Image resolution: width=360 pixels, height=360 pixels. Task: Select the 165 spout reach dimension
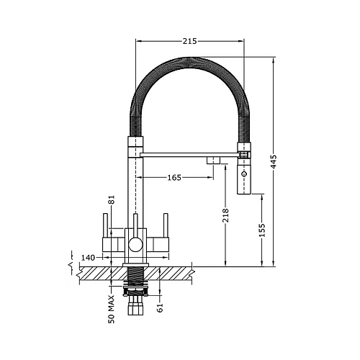point(174,176)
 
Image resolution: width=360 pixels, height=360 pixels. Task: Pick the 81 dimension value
point(111,200)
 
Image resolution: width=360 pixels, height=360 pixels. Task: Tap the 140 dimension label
point(89,256)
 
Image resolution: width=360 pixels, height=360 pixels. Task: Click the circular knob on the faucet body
point(134,246)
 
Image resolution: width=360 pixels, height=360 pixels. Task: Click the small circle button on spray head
point(244,175)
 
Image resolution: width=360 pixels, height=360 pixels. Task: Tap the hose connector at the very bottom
point(134,310)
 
